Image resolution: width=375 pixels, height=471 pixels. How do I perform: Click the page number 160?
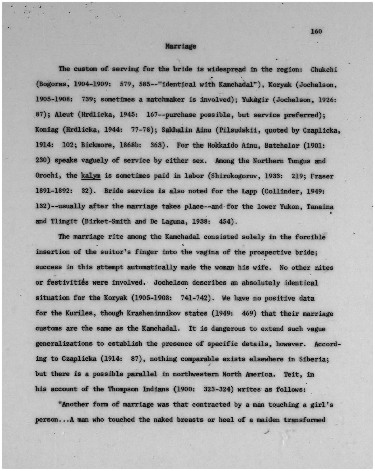point(316,31)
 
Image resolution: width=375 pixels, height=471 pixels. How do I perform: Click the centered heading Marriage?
point(181,46)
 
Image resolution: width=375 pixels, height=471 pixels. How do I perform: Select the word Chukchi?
point(324,70)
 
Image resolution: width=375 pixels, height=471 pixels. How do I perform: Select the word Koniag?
point(47,130)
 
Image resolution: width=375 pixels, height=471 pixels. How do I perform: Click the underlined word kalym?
point(91,176)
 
